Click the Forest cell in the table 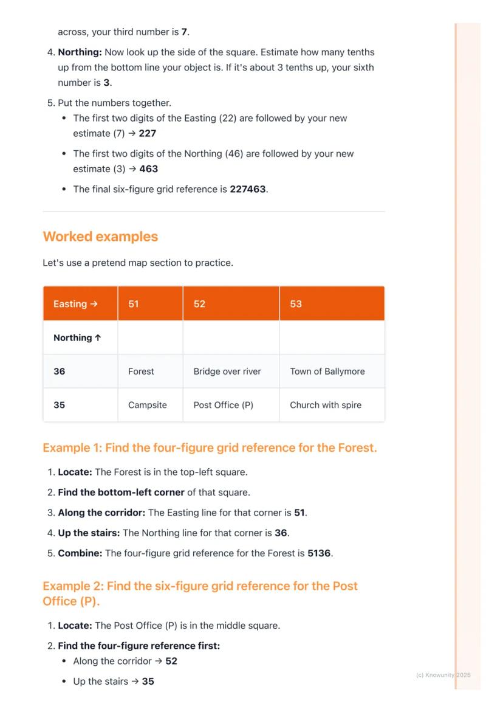141,372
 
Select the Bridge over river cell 227,372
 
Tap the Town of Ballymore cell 327,372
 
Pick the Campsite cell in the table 148,405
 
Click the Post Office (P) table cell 223,405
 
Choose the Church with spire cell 326,405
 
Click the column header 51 134,304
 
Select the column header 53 296,304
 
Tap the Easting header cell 75,304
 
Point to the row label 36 59,372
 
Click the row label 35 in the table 59,405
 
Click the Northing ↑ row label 77,338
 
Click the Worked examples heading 100,237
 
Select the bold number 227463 248,189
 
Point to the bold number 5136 320,553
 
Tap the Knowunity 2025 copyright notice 443,675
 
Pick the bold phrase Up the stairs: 89,533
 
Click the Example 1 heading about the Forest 210,448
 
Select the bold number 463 149,169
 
